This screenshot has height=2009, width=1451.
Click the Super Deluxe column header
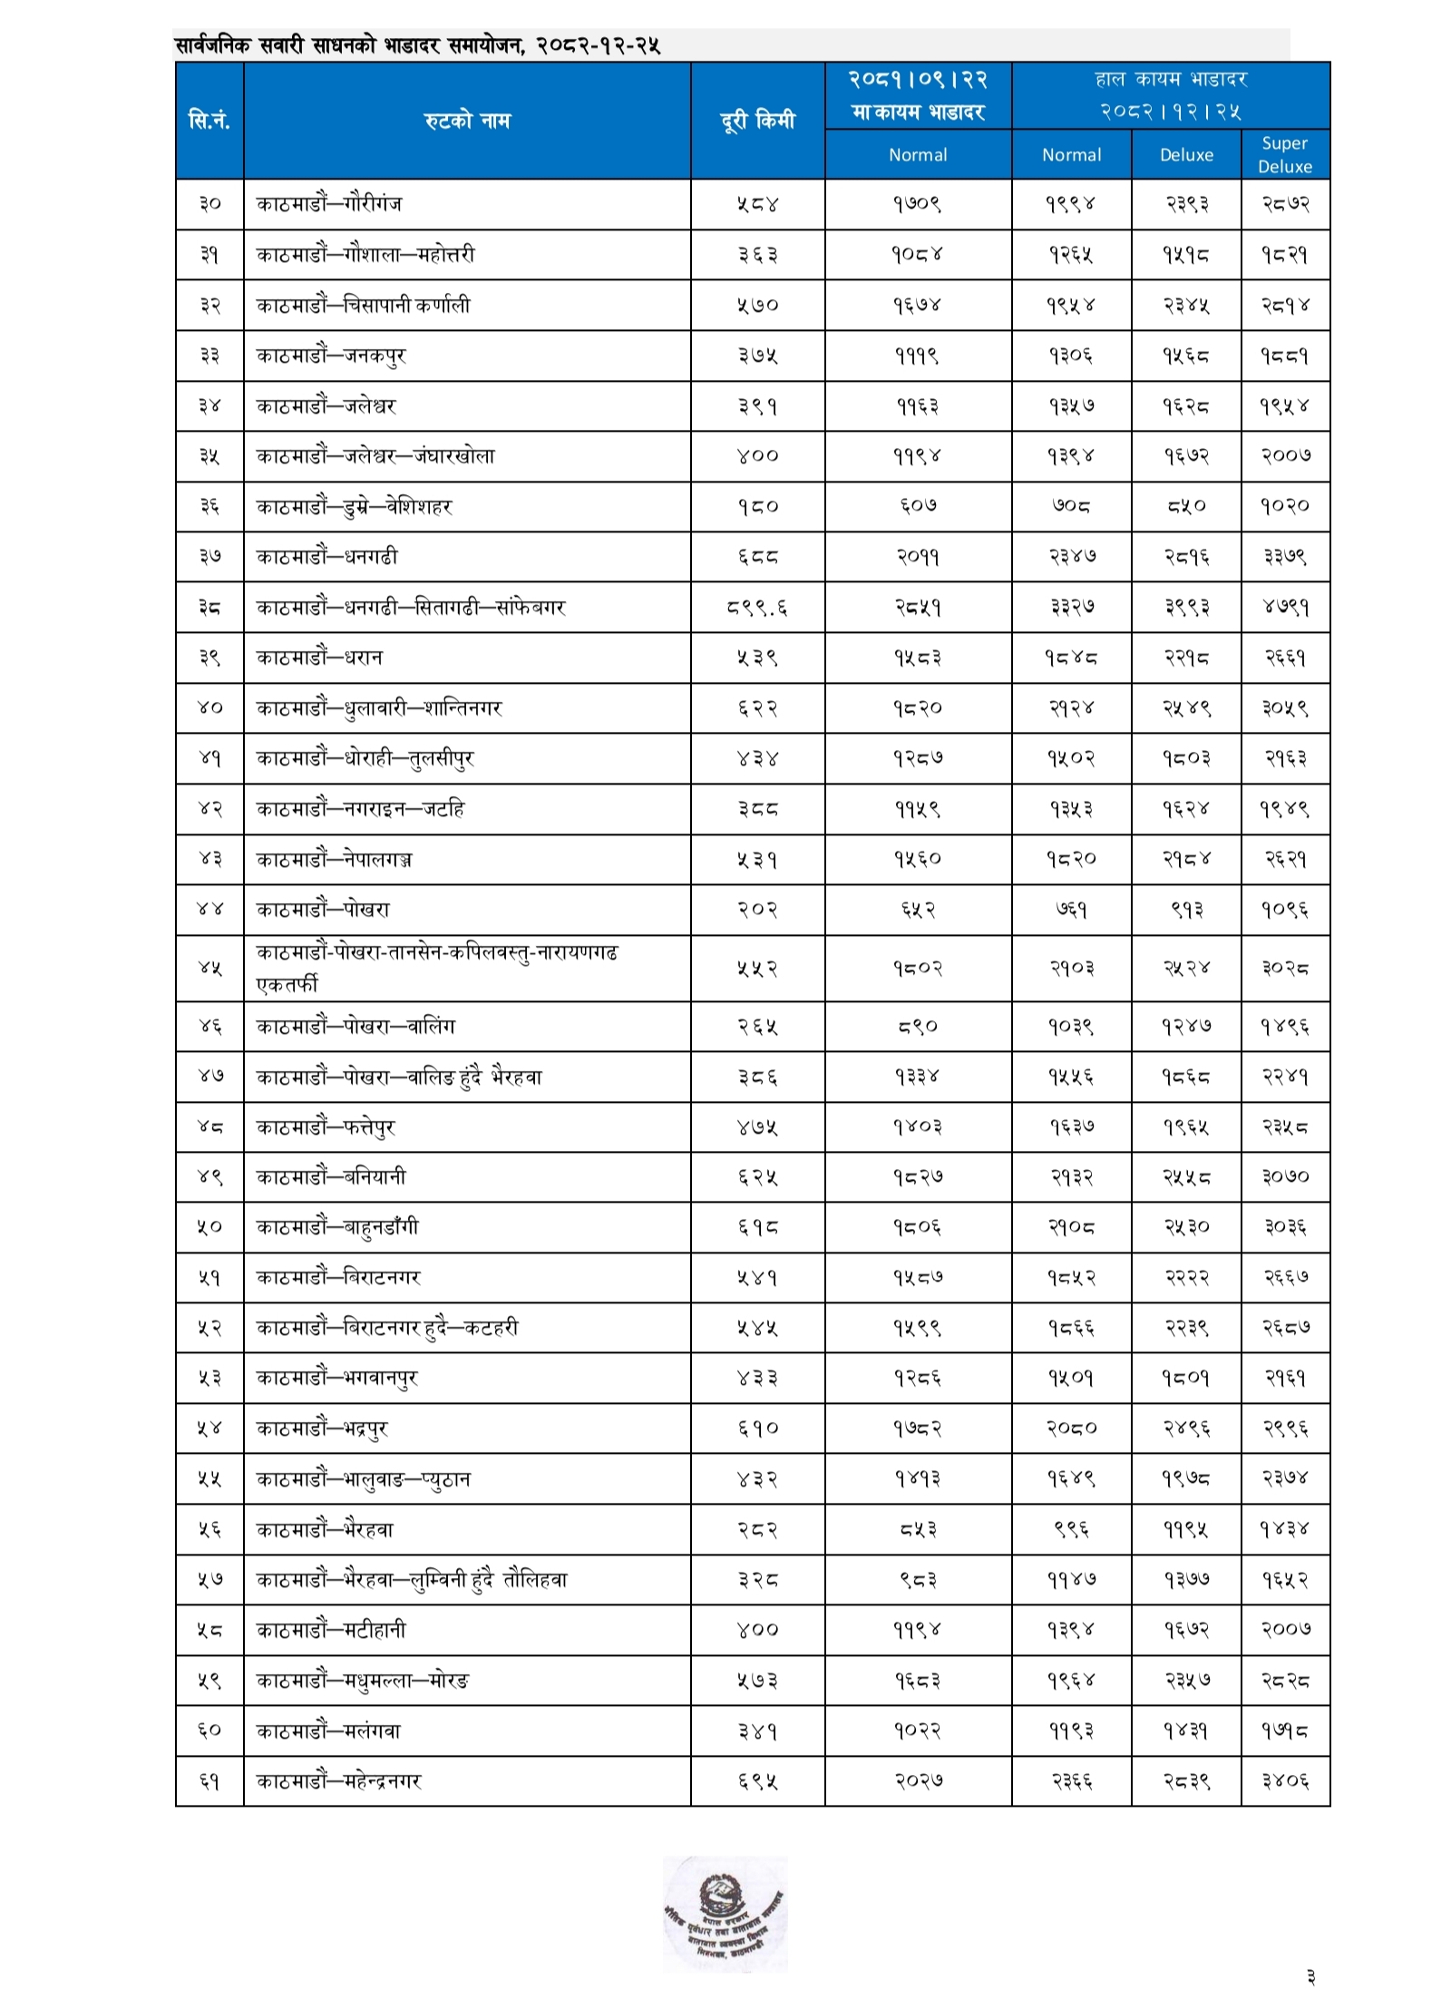[x=1283, y=154]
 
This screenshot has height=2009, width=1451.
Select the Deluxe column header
[x=1185, y=155]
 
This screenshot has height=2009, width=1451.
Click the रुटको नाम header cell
[x=466, y=120]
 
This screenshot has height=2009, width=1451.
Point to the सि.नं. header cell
[x=209, y=120]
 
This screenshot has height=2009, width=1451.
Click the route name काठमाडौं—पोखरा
[x=323, y=909]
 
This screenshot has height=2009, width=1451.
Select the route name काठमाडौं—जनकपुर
[x=331, y=356]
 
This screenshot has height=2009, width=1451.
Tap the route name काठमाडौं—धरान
[x=319, y=658]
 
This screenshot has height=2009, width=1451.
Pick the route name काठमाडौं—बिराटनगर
[x=338, y=1277]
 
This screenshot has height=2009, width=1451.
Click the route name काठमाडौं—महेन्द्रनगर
[x=339, y=1780]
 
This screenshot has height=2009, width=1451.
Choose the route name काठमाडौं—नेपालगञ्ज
[x=334, y=859]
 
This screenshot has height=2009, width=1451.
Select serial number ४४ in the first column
[x=209, y=909]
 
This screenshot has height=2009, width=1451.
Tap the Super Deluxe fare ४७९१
[x=1284, y=608]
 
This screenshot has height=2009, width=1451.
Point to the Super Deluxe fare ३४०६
[x=1284, y=1780]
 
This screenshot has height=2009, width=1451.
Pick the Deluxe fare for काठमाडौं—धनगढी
[x=1185, y=557]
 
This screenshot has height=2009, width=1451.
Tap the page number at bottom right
[x=1310, y=1977]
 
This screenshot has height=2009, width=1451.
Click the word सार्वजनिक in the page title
[x=212, y=45]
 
